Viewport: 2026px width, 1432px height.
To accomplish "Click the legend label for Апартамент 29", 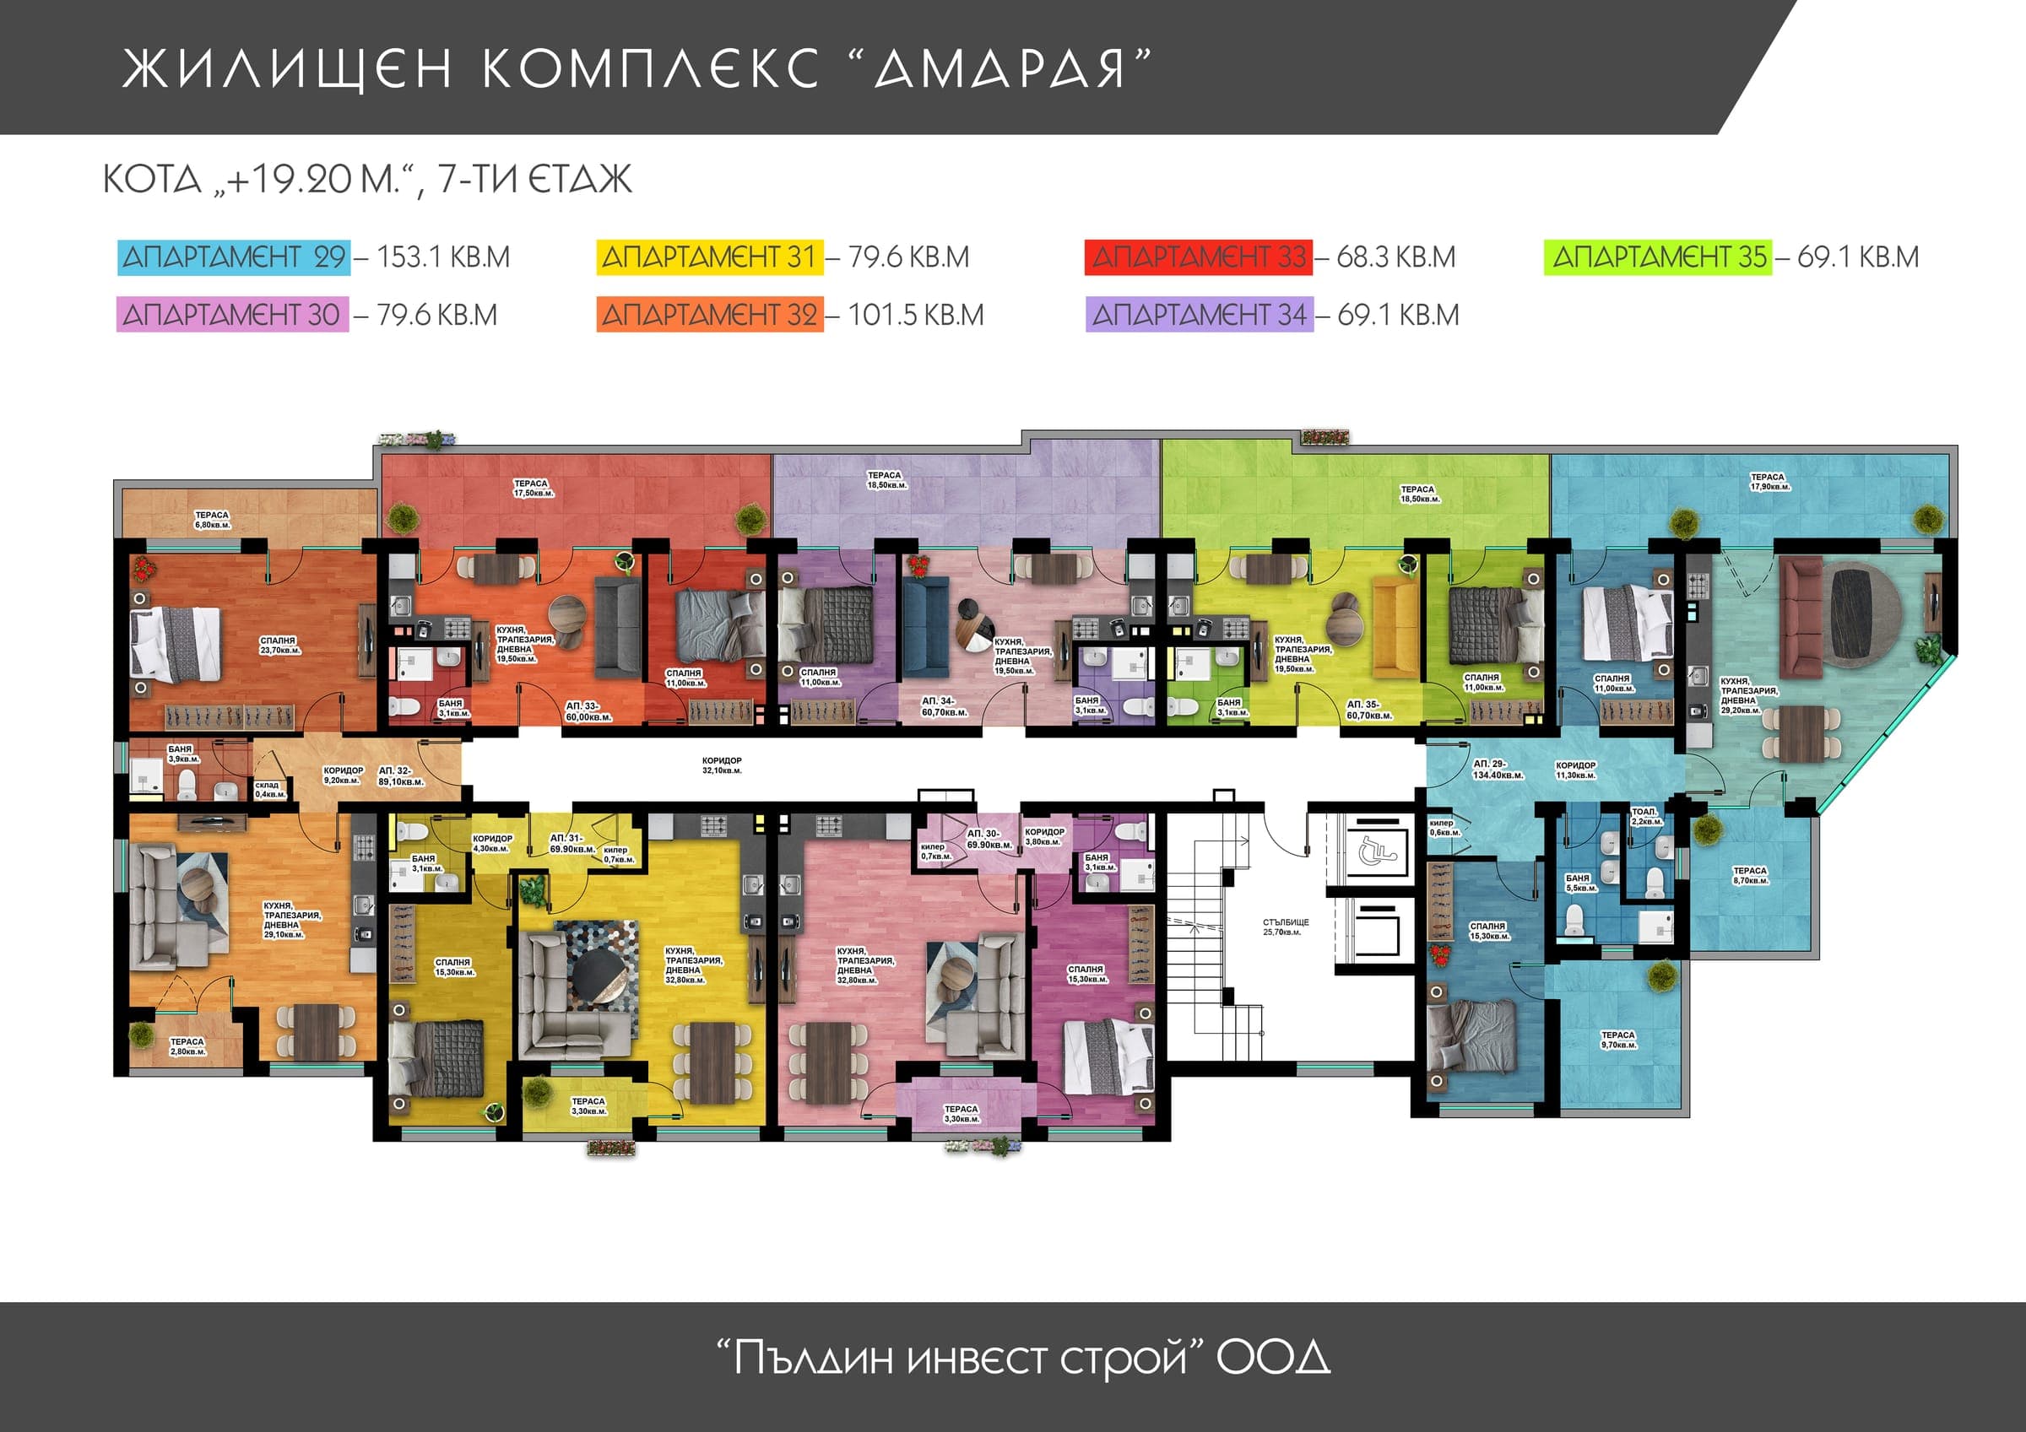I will click(234, 257).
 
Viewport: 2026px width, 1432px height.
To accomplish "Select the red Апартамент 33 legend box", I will click(1199, 257).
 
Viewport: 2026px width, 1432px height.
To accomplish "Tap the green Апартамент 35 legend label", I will click(1658, 257).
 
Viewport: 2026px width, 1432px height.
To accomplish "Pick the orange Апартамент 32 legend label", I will click(709, 315).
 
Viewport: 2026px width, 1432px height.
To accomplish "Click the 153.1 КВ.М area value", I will click(443, 257).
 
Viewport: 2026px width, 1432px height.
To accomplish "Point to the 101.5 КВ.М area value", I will click(915, 315).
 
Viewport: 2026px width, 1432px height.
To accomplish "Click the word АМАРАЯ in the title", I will click(999, 69).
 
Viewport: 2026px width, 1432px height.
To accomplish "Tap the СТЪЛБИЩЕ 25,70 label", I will click(1285, 927).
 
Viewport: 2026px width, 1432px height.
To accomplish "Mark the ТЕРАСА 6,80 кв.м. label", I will click(212, 520).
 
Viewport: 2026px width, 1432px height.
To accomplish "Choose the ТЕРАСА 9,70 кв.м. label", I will click(1618, 1040).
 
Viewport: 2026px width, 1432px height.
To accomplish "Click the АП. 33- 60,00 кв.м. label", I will click(588, 711).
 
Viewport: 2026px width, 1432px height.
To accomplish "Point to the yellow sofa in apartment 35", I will click(1395, 623).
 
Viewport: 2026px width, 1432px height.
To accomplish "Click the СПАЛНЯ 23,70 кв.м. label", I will click(279, 645).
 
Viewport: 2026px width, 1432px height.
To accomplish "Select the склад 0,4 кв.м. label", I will click(269, 789).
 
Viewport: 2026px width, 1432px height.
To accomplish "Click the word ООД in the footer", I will click(1272, 1358).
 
